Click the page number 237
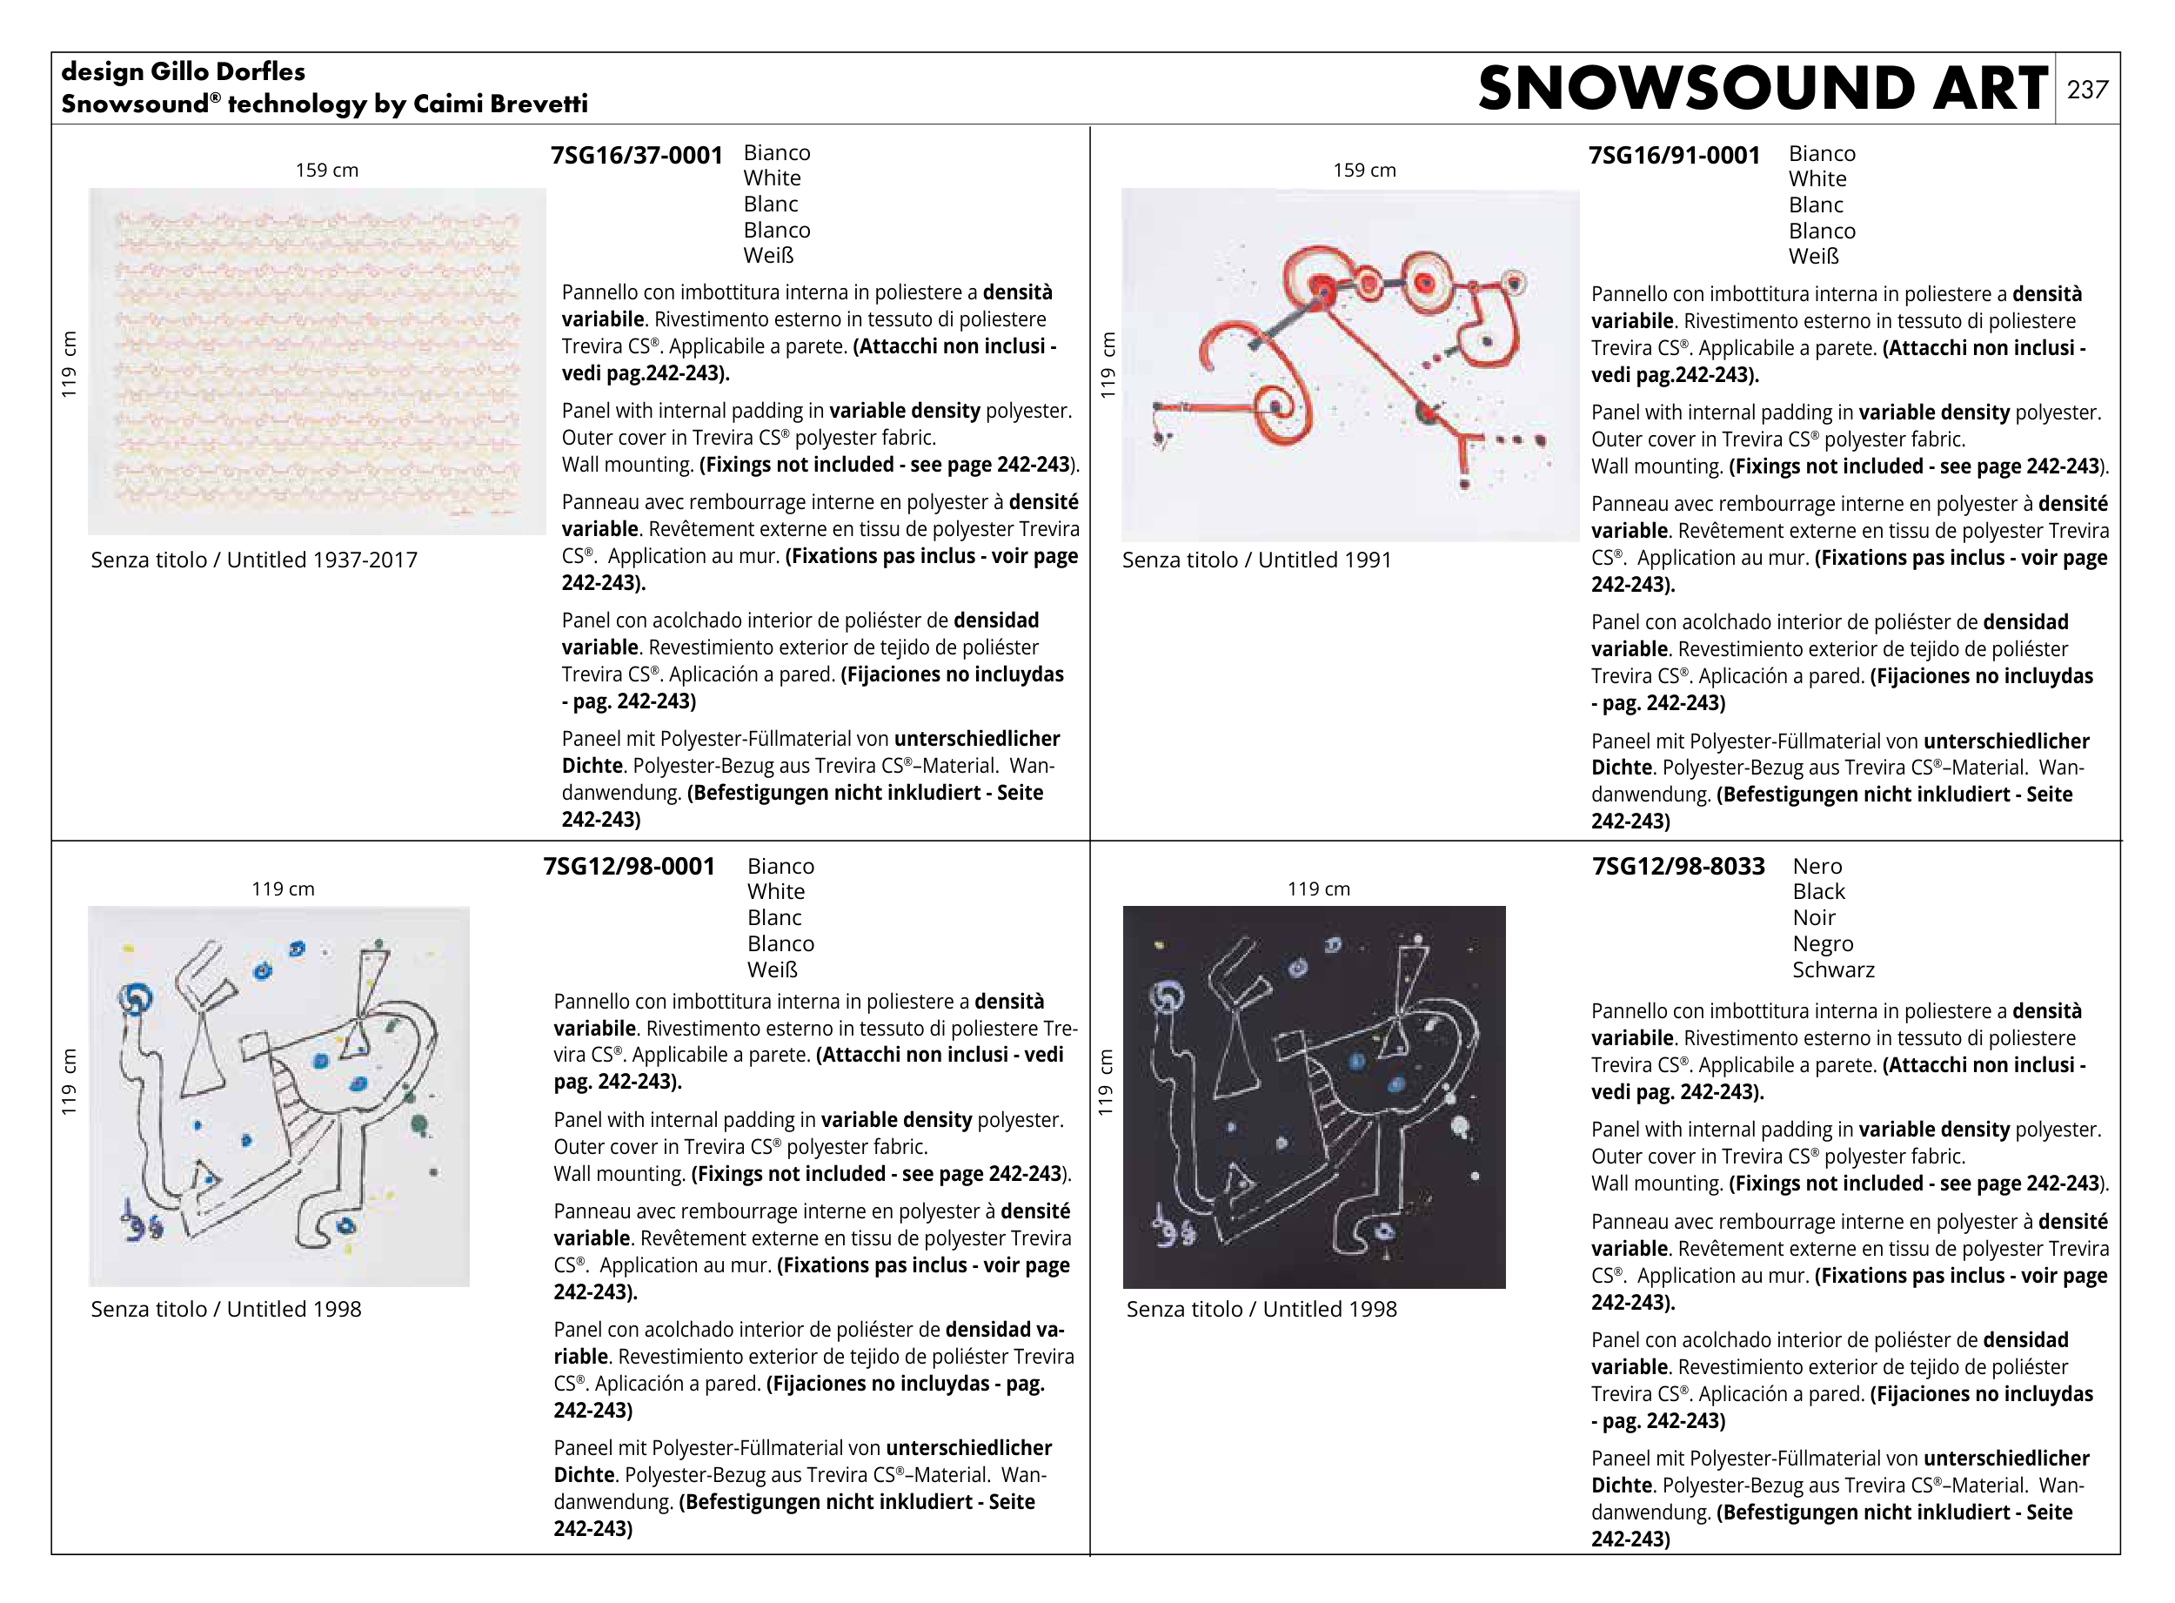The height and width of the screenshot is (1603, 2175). point(2087,91)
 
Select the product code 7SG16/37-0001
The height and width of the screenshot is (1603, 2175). point(636,155)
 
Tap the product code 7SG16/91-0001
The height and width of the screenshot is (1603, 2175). point(1674,155)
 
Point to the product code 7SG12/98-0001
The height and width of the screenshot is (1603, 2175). point(629,866)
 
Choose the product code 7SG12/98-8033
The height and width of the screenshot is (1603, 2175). point(1677,866)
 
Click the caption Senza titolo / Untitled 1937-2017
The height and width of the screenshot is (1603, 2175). point(254,560)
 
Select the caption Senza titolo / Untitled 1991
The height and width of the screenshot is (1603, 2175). point(1256,560)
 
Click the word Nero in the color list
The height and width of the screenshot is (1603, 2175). point(1817,866)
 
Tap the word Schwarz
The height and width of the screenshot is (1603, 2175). point(1832,969)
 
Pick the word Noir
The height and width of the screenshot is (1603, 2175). point(1813,917)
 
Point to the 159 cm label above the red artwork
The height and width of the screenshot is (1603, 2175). point(1364,171)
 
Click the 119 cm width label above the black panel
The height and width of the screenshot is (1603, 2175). point(1317,889)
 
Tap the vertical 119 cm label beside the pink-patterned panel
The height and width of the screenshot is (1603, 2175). point(69,364)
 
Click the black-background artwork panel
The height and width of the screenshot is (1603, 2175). point(1314,1097)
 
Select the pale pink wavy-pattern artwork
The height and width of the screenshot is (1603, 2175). point(317,361)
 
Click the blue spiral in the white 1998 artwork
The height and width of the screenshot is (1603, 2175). point(135,997)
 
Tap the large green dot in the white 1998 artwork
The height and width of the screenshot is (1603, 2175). point(419,1123)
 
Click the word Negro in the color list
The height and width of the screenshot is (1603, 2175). point(1822,943)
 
